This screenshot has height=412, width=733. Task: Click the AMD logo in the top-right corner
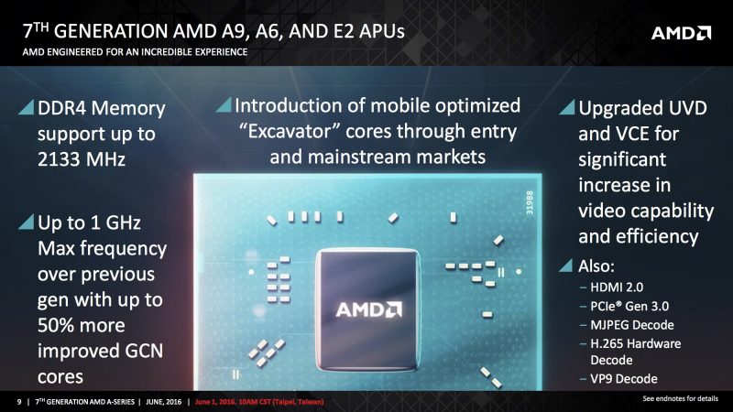coord(681,34)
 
